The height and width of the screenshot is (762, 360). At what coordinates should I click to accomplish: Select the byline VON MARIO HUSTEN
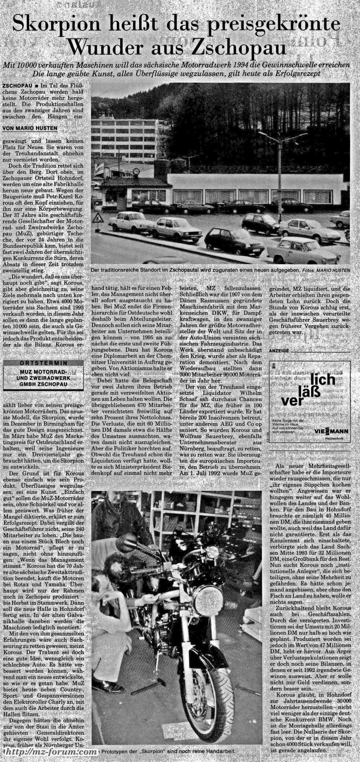(30, 128)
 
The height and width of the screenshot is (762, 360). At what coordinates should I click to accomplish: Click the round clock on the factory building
(136, 172)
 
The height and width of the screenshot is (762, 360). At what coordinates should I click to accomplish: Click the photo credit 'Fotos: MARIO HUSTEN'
(326, 270)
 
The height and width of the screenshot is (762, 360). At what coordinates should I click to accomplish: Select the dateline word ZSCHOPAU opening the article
(17, 86)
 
